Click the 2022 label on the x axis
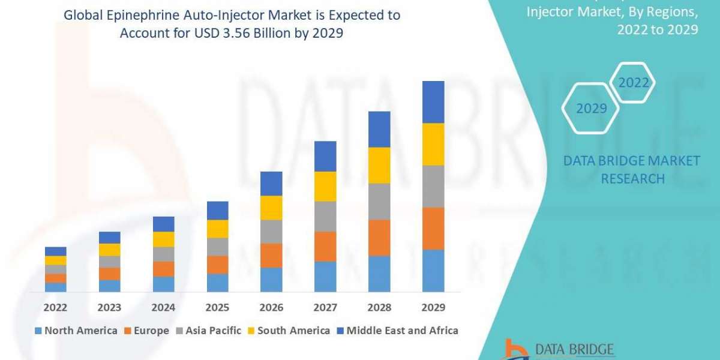point(55,307)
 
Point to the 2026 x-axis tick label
point(271,307)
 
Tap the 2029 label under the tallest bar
point(433,307)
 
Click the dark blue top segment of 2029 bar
point(433,102)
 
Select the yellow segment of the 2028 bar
point(379,165)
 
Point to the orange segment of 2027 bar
point(325,246)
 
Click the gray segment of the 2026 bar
point(271,231)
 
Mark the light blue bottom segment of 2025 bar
point(217,283)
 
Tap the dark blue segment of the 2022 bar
point(55,251)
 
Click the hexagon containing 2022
point(634,83)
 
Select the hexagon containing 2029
point(591,109)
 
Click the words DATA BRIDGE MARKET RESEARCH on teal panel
point(632,169)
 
